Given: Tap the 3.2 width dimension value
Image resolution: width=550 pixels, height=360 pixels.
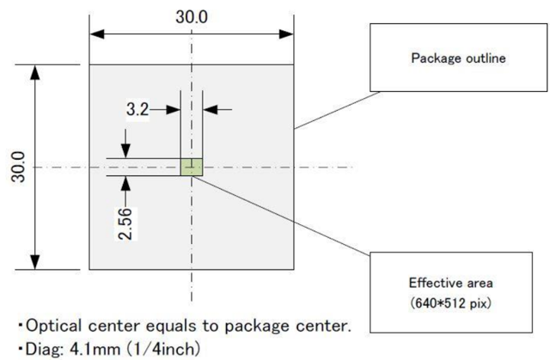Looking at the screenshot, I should [137, 109].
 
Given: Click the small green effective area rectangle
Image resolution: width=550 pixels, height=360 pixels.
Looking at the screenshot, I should [191, 167].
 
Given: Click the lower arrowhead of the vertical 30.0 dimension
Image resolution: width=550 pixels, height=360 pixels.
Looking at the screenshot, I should [35, 261].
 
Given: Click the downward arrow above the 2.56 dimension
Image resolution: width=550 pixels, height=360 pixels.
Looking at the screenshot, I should [126, 146].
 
